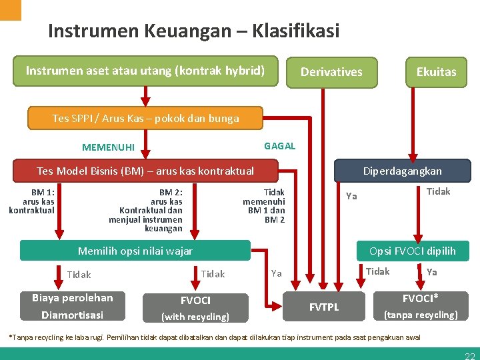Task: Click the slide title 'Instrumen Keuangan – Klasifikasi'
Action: pos(193,31)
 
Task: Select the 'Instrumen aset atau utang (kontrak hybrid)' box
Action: pos(145,71)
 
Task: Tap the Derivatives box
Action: pos(331,72)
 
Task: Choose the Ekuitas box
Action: pos(436,72)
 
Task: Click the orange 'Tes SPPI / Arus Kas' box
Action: pos(145,119)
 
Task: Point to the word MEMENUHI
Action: pos(108,147)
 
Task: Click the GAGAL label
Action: pos(279,146)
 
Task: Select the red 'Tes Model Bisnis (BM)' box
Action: pos(145,171)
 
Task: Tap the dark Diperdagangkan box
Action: pos(402,171)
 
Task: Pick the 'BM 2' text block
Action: pos(147,210)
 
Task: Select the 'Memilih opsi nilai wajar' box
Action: pos(135,251)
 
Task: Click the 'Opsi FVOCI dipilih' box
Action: pos(412,251)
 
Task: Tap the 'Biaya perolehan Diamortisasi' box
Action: pos(73,307)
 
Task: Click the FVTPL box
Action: pos(324,307)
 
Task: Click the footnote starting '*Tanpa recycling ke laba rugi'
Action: pos(213,337)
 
